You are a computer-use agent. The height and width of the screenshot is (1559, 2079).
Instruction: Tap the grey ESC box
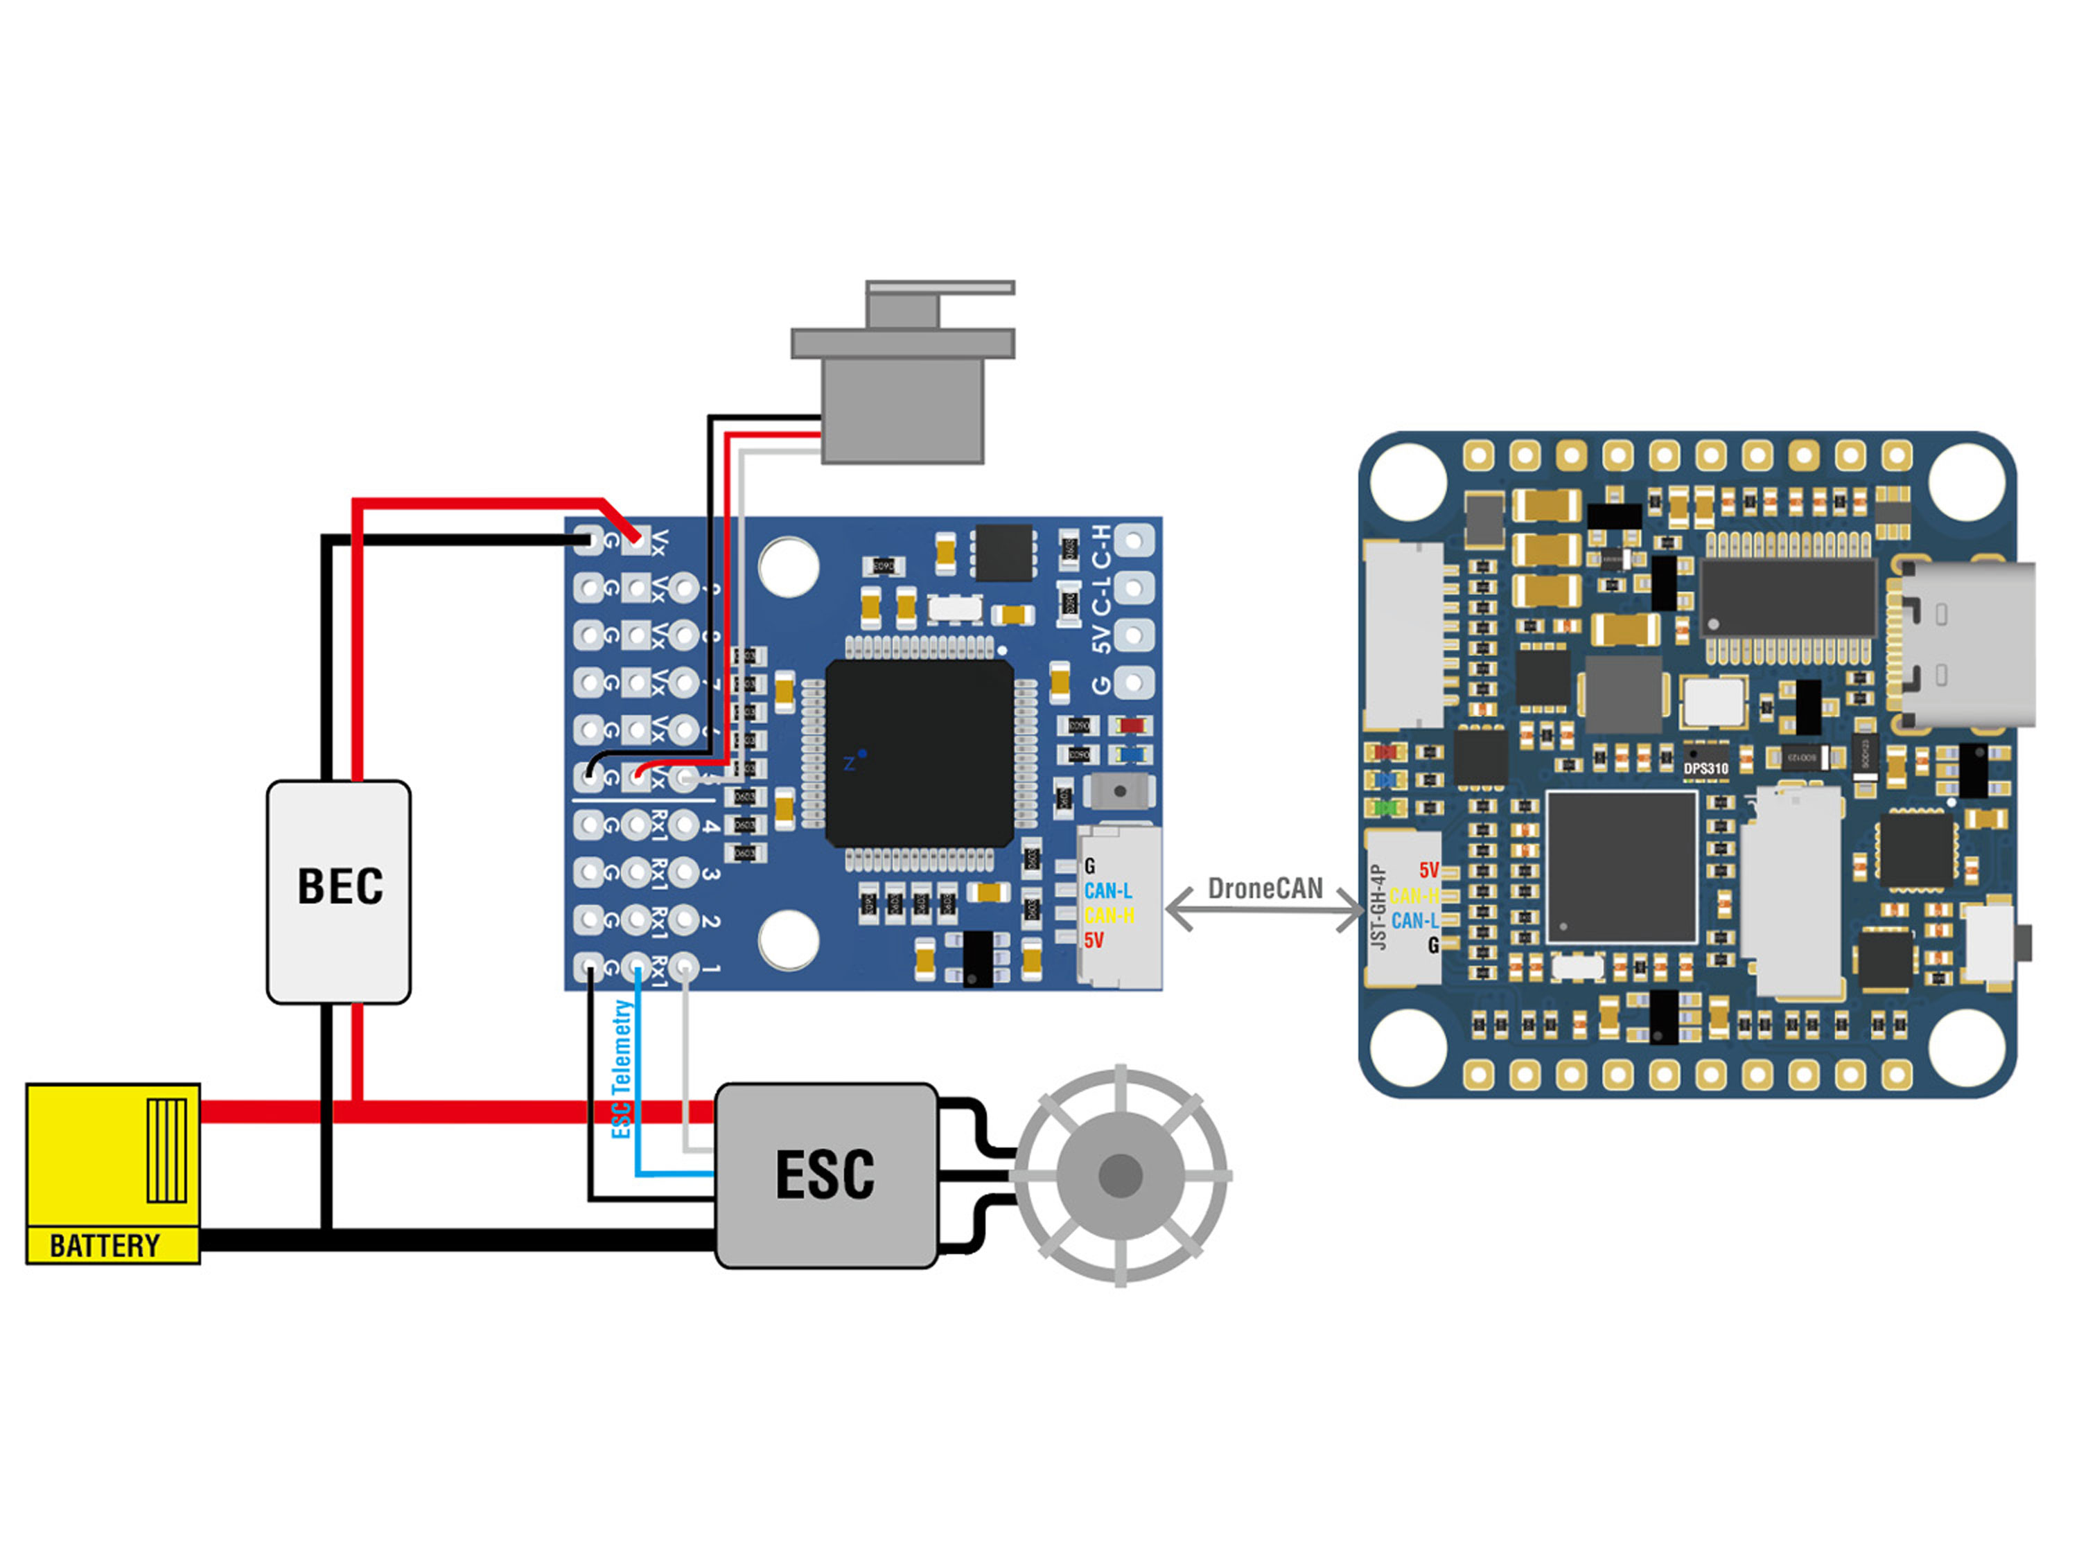tap(825, 1174)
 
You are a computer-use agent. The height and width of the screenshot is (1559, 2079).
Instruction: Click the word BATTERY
tap(105, 1246)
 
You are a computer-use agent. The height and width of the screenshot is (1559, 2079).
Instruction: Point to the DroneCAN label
tap(1264, 888)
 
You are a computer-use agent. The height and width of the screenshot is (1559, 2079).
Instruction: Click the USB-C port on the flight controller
tap(1965, 644)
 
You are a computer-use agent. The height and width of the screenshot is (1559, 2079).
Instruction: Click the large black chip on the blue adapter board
tap(919, 752)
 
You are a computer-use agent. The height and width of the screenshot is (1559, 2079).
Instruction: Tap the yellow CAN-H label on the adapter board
tap(1109, 915)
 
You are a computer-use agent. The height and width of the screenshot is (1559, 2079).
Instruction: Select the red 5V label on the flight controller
tap(1428, 870)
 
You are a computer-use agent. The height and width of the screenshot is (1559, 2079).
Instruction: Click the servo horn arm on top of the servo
tap(940, 288)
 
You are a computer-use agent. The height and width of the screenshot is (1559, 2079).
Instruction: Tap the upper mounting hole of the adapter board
tap(789, 567)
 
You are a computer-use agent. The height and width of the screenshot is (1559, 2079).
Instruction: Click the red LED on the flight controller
tap(1383, 752)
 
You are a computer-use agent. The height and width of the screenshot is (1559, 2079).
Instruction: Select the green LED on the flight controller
tap(1383, 807)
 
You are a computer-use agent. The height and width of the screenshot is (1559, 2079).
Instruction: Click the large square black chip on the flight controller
tap(1622, 865)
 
